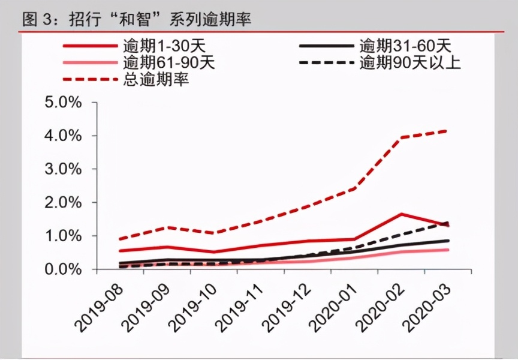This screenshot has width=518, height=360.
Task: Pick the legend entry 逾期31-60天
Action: [x=405, y=46]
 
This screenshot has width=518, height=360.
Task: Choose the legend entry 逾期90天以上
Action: [x=410, y=62]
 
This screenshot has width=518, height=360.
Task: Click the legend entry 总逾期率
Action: [x=155, y=79]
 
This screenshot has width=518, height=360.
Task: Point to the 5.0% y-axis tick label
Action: [x=62, y=102]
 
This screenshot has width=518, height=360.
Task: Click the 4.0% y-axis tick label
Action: [x=62, y=136]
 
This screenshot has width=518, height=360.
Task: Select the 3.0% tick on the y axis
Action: [x=62, y=169]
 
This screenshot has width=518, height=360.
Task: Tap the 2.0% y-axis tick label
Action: [x=62, y=203]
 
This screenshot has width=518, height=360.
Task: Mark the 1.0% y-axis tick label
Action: [x=62, y=236]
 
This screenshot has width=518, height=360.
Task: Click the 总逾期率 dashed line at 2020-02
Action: [x=401, y=137]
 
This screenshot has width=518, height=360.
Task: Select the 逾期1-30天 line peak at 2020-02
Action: [x=401, y=214]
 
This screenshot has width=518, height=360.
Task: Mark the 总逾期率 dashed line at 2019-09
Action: [x=167, y=228]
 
